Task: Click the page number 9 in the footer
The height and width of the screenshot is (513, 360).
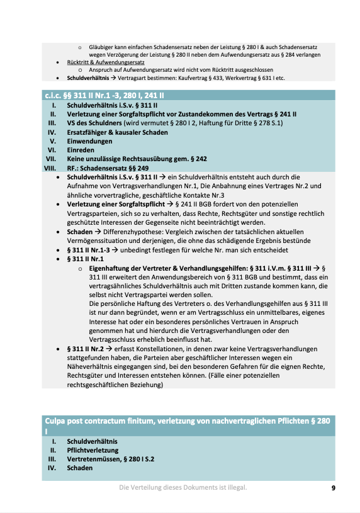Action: (334, 488)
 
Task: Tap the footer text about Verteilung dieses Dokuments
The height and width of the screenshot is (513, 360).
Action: (183, 488)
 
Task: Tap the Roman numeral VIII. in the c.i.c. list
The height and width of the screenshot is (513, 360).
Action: (48, 168)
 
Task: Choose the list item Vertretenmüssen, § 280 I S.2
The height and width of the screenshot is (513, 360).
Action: (110, 459)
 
